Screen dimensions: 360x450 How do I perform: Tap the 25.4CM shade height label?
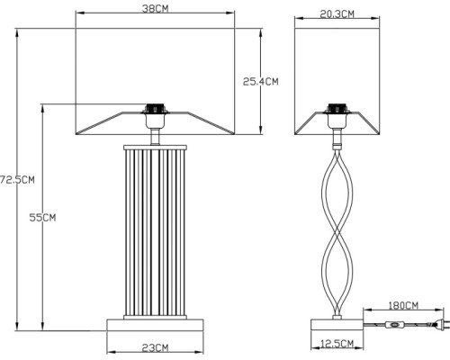pos(261,81)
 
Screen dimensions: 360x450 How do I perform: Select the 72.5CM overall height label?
pos(17,178)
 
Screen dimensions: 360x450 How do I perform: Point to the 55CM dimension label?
pos(43,217)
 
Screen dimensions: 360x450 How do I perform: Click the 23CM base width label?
pos(155,347)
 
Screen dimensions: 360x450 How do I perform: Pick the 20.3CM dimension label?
pos(337,13)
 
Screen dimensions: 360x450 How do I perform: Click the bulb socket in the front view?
pos(155,115)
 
